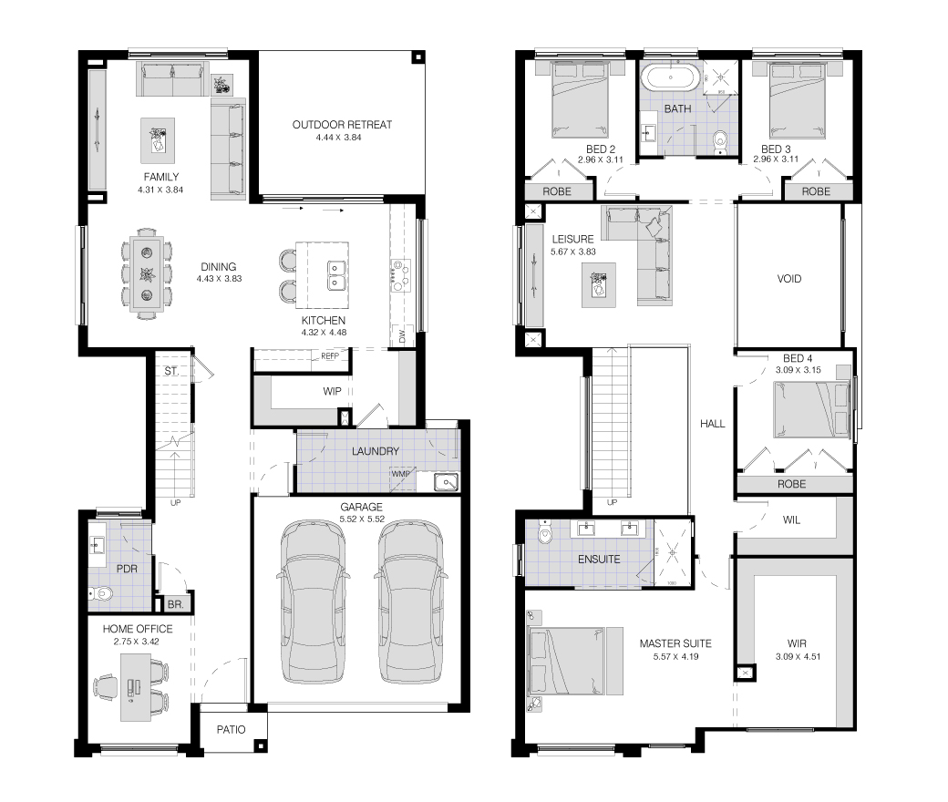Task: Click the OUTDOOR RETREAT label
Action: point(342,125)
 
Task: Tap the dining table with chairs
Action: point(147,273)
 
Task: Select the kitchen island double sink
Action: point(336,275)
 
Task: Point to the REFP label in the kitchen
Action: point(329,356)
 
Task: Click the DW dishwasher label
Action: point(402,336)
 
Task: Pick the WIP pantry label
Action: point(332,391)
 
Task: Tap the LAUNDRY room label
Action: point(376,451)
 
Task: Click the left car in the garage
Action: point(313,601)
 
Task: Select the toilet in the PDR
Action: point(100,593)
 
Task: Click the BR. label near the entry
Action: point(175,603)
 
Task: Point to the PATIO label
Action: point(231,729)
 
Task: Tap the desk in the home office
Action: point(136,688)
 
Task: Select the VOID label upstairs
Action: point(789,279)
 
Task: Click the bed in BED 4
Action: point(812,409)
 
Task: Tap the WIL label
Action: point(791,519)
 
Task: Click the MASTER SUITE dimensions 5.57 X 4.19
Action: point(676,656)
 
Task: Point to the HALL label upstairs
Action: point(712,424)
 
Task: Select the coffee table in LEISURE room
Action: point(599,285)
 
